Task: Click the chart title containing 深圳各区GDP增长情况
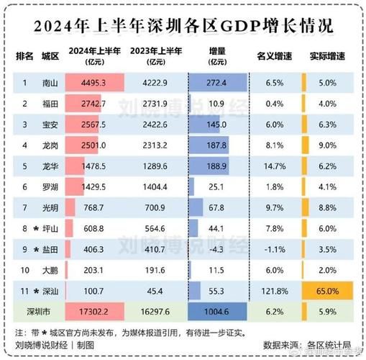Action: coord(183,27)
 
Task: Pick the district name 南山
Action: coord(50,83)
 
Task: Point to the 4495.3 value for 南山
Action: coord(94,83)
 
